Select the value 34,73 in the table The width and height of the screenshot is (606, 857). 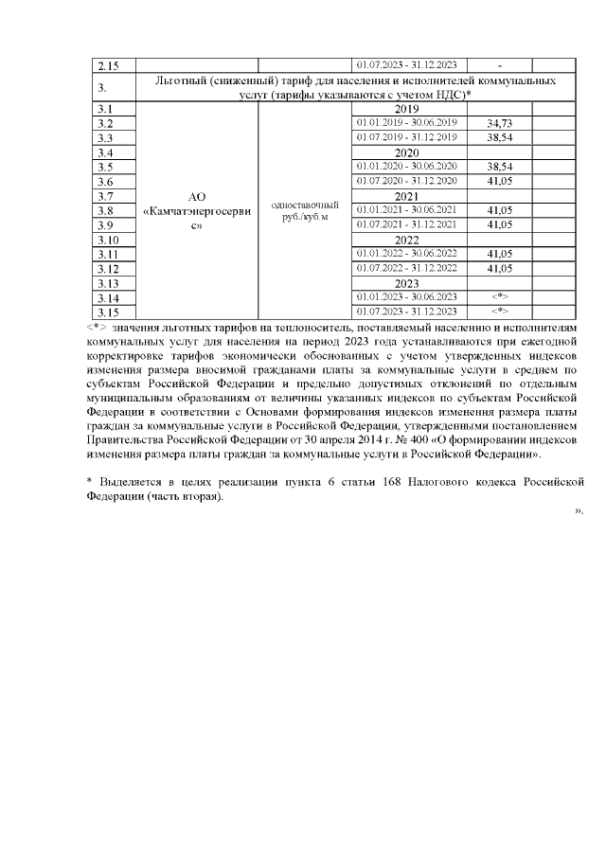click(499, 124)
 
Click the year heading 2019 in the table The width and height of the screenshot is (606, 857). click(406, 109)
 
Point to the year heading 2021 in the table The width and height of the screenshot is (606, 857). click(406, 196)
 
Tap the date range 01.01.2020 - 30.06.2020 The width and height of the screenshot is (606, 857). click(406, 167)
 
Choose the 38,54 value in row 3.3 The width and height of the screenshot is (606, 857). click(499, 138)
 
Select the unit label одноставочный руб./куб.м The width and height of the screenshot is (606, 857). click(305, 210)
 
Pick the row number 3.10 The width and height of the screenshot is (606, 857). click(109, 240)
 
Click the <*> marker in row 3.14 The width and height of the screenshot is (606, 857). click(499, 297)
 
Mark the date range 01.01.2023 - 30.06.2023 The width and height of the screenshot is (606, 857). click(406, 297)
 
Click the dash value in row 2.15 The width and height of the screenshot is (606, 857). click(499, 65)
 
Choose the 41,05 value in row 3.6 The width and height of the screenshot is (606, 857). click(499, 181)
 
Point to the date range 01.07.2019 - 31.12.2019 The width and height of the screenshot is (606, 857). click(406, 138)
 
